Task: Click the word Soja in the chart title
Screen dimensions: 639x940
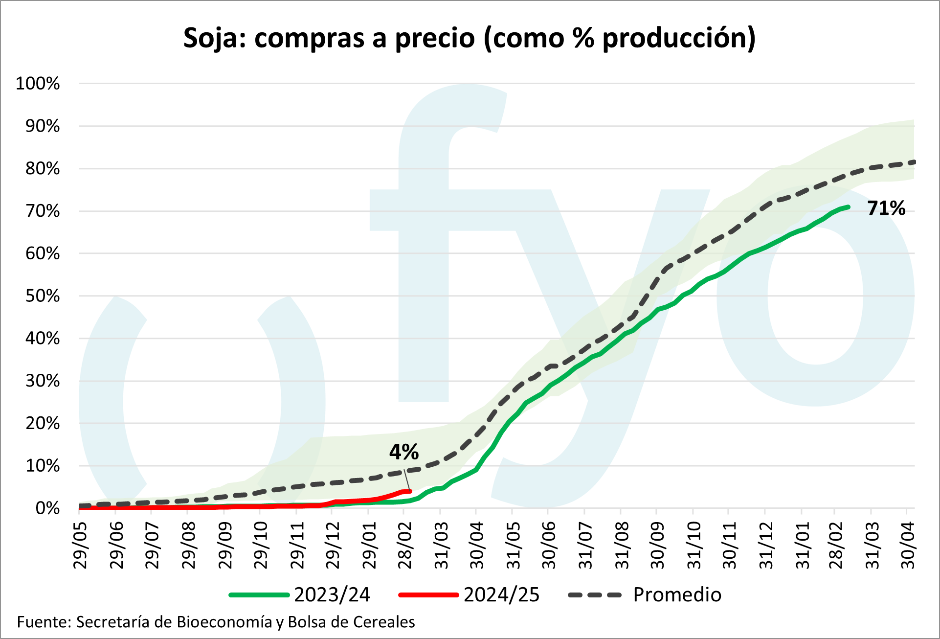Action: (x=213, y=38)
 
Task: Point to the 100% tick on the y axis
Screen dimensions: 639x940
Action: (x=38, y=84)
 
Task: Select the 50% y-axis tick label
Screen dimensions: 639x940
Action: (x=43, y=296)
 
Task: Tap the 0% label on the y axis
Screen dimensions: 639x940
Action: (x=47, y=508)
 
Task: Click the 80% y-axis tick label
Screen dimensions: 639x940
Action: (x=43, y=169)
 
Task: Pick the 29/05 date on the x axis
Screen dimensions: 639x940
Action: (x=80, y=545)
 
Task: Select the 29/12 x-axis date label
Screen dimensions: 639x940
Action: (x=333, y=545)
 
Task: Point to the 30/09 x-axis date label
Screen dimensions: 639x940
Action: (x=657, y=545)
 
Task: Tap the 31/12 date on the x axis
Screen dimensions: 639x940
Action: (x=766, y=545)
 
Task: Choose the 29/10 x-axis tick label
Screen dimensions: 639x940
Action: (x=260, y=545)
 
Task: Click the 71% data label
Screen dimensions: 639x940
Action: (x=886, y=208)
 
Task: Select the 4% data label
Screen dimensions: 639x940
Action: (x=404, y=452)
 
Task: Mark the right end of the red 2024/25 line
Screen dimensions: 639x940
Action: (x=410, y=491)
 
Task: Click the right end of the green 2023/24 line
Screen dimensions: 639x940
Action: (x=848, y=207)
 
